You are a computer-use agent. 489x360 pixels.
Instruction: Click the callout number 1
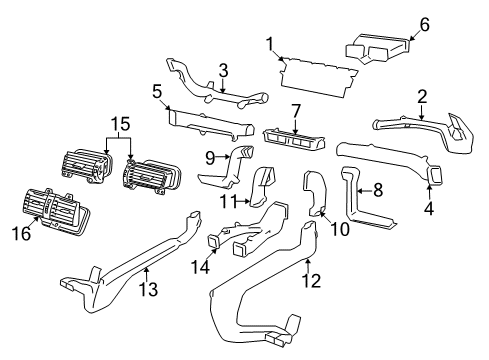coord(269,42)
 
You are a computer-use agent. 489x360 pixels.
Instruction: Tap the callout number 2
coord(423,97)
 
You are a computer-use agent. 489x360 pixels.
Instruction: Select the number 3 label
coord(224,70)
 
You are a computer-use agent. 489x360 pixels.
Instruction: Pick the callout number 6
coord(423,24)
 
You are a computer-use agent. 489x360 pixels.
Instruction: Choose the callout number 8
coord(378,187)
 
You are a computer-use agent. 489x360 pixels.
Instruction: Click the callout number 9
coord(211,156)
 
